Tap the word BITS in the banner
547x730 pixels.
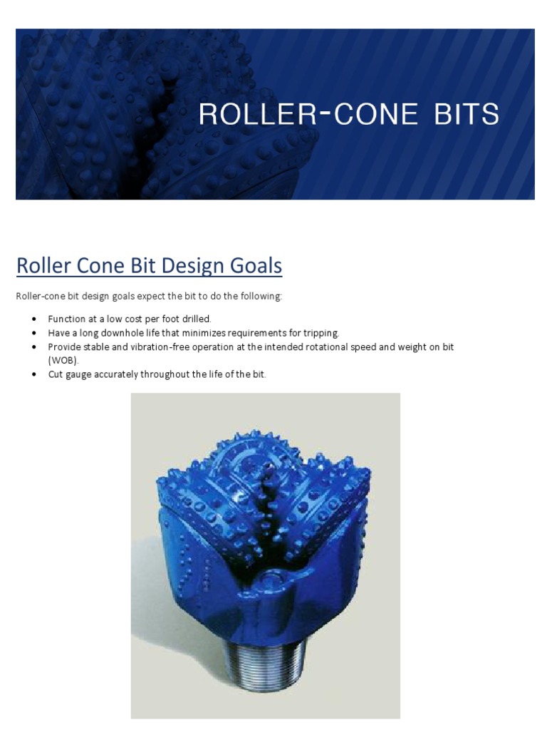pyautogui.click(x=464, y=114)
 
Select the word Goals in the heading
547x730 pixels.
pyautogui.click(x=254, y=266)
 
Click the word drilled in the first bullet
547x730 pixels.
pyautogui.click(x=196, y=319)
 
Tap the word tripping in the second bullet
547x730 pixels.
pyautogui.click(x=321, y=333)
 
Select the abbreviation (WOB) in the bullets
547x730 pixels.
pyautogui.click(x=63, y=361)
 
